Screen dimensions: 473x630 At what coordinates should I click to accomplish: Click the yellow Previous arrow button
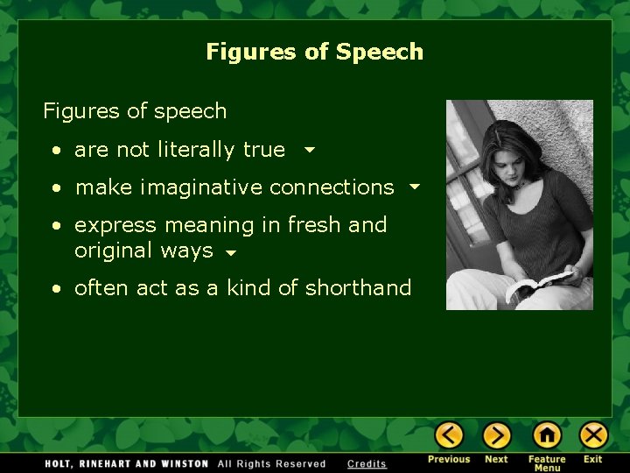tap(449, 435)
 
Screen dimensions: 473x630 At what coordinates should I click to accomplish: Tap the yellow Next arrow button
tap(496, 435)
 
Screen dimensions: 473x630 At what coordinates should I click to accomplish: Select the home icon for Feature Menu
tap(547, 435)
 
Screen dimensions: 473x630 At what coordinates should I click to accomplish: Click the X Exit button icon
tap(593, 435)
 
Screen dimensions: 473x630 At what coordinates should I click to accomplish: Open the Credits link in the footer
tap(367, 464)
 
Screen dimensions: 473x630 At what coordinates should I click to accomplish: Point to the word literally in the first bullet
tap(197, 150)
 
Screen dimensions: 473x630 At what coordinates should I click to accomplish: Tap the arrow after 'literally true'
tap(308, 150)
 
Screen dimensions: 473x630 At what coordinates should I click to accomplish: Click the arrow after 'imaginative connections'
tap(414, 187)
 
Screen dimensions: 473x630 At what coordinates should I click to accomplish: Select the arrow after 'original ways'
tap(229, 252)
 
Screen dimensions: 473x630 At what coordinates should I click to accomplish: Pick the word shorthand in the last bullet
tap(358, 288)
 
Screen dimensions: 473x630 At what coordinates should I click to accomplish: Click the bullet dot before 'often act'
tap(55, 289)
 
